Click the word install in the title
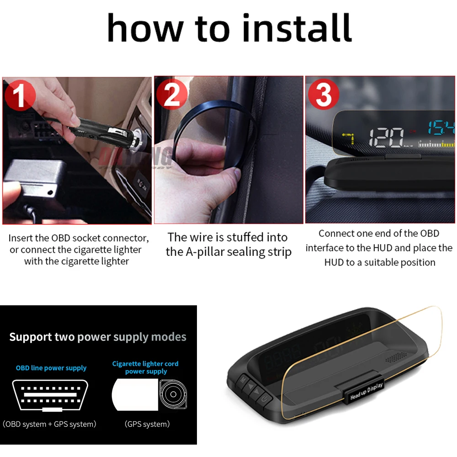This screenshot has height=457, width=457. pyautogui.click(x=297, y=28)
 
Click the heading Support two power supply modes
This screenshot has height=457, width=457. pyautogui.click(x=98, y=337)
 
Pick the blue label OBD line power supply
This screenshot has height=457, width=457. pyautogui.click(x=51, y=368)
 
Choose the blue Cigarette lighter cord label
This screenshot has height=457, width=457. pyautogui.click(x=145, y=364)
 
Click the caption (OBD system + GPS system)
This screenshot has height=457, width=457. pyautogui.click(x=50, y=424)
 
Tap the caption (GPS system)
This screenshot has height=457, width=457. pyautogui.click(x=147, y=424)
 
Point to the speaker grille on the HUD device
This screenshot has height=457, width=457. pyautogui.click(x=396, y=357)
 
